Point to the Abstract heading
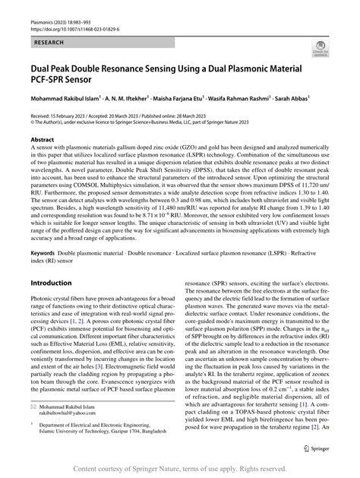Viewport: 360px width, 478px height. (43, 141)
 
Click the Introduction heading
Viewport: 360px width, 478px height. (51, 261)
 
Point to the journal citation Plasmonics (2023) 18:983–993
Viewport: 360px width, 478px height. (64, 20)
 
